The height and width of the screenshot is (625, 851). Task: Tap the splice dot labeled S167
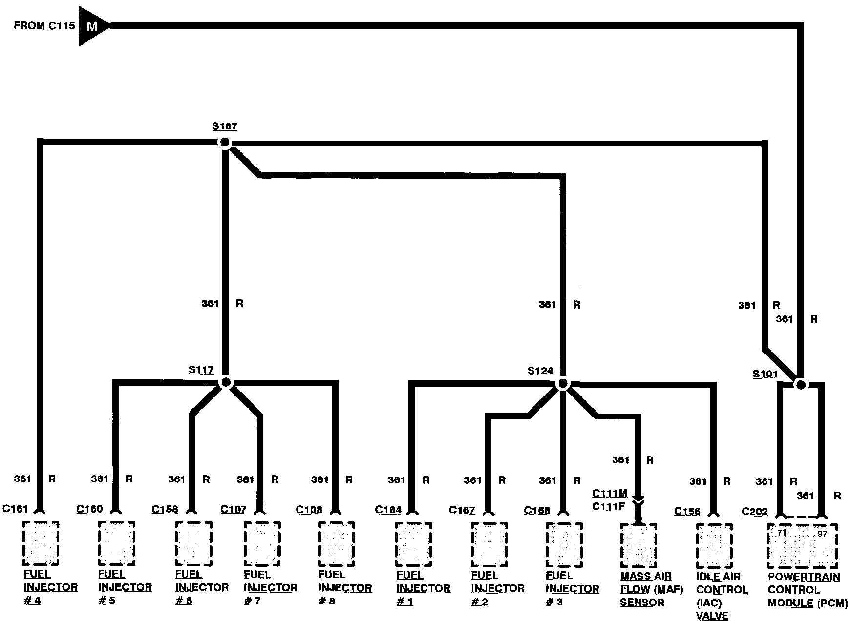(x=224, y=143)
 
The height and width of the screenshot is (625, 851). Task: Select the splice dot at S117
(x=225, y=382)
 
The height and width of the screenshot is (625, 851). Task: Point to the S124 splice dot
(x=563, y=384)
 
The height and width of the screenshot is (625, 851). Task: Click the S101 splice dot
(x=800, y=385)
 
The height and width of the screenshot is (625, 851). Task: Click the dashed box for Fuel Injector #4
(x=41, y=542)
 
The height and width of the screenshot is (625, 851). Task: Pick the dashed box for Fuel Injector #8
(x=337, y=543)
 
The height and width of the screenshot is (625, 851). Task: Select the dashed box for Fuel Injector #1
(x=413, y=544)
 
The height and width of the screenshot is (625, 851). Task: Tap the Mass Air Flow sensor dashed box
(x=638, y=545)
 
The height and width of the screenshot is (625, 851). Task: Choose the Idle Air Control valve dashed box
(x=714, y=546)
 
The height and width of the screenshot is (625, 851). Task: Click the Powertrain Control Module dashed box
(x=802, y=546)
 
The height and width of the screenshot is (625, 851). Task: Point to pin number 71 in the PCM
(x=782, y=533)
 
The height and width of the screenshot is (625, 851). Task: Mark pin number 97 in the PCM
(x=822, y=534)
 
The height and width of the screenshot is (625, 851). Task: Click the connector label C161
(x=15, y=509)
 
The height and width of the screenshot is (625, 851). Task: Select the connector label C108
(x=309, y=510)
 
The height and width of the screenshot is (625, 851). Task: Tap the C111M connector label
(x=609, y=494)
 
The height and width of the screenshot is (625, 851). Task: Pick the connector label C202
(x=754, y=512)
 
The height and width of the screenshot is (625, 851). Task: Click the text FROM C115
(x=44, y=25)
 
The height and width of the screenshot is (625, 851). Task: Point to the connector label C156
(x=687, y=511)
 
